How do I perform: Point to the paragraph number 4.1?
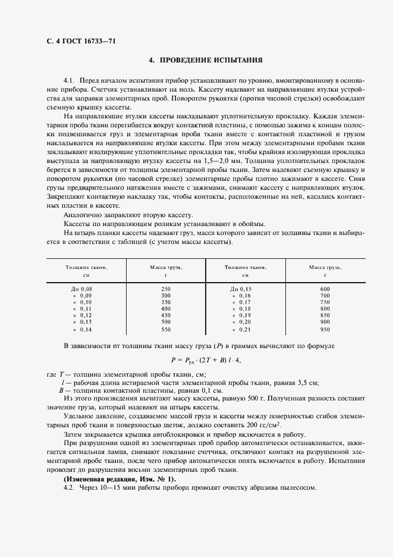click(x=70, y=79)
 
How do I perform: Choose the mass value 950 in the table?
click(x=324, y=329)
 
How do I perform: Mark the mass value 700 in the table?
click(x=324, y=296)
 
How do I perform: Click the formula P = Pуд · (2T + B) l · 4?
click(x=206, y=360)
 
